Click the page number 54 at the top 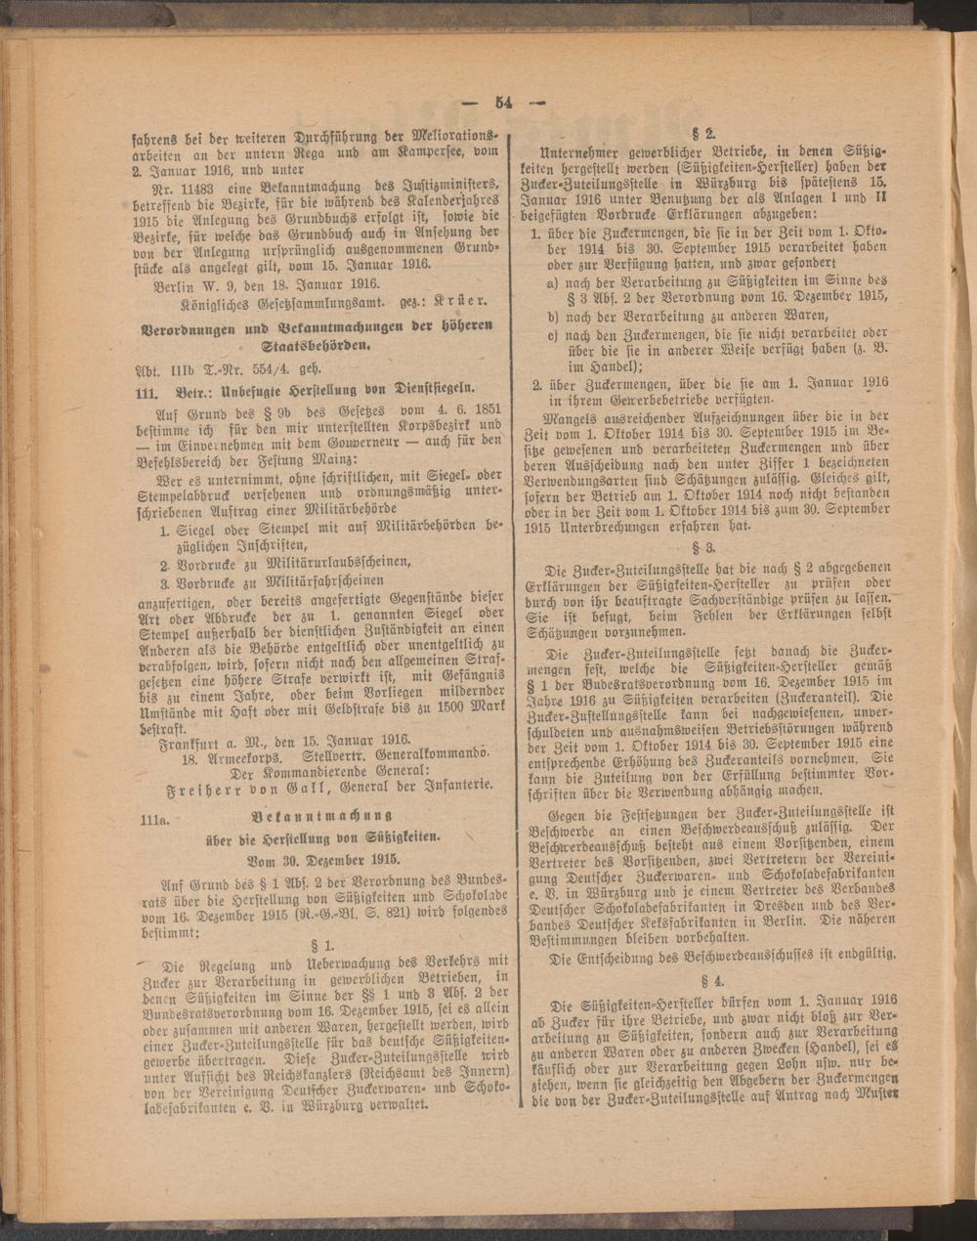(503, 101)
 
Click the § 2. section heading (706, 133)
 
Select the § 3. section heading (706, 547)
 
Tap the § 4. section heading (706, 978)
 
